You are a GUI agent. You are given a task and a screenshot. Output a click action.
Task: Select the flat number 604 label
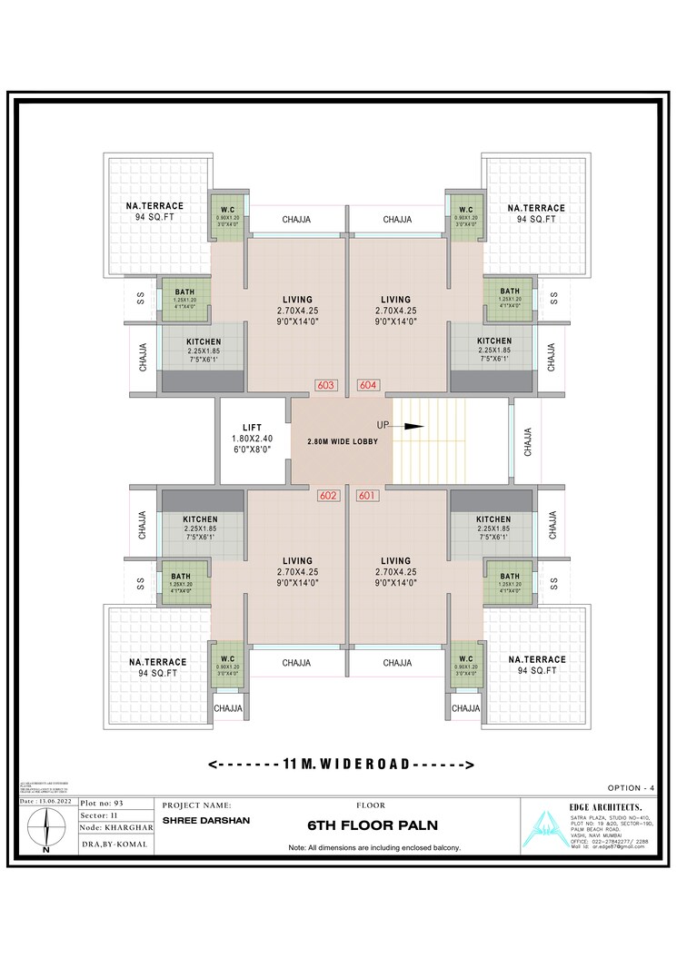[x=368, y=385]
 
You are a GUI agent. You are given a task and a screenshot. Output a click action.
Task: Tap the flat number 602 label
[x=328, y=496]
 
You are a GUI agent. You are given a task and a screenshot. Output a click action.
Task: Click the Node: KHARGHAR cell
[x=115, y=828]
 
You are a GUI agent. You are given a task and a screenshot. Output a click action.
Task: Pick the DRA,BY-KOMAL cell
[x=114, y=844]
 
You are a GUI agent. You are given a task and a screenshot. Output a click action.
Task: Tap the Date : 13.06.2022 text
[x=47, y=803]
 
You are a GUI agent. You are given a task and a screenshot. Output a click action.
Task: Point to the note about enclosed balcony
[x=374, y=847]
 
